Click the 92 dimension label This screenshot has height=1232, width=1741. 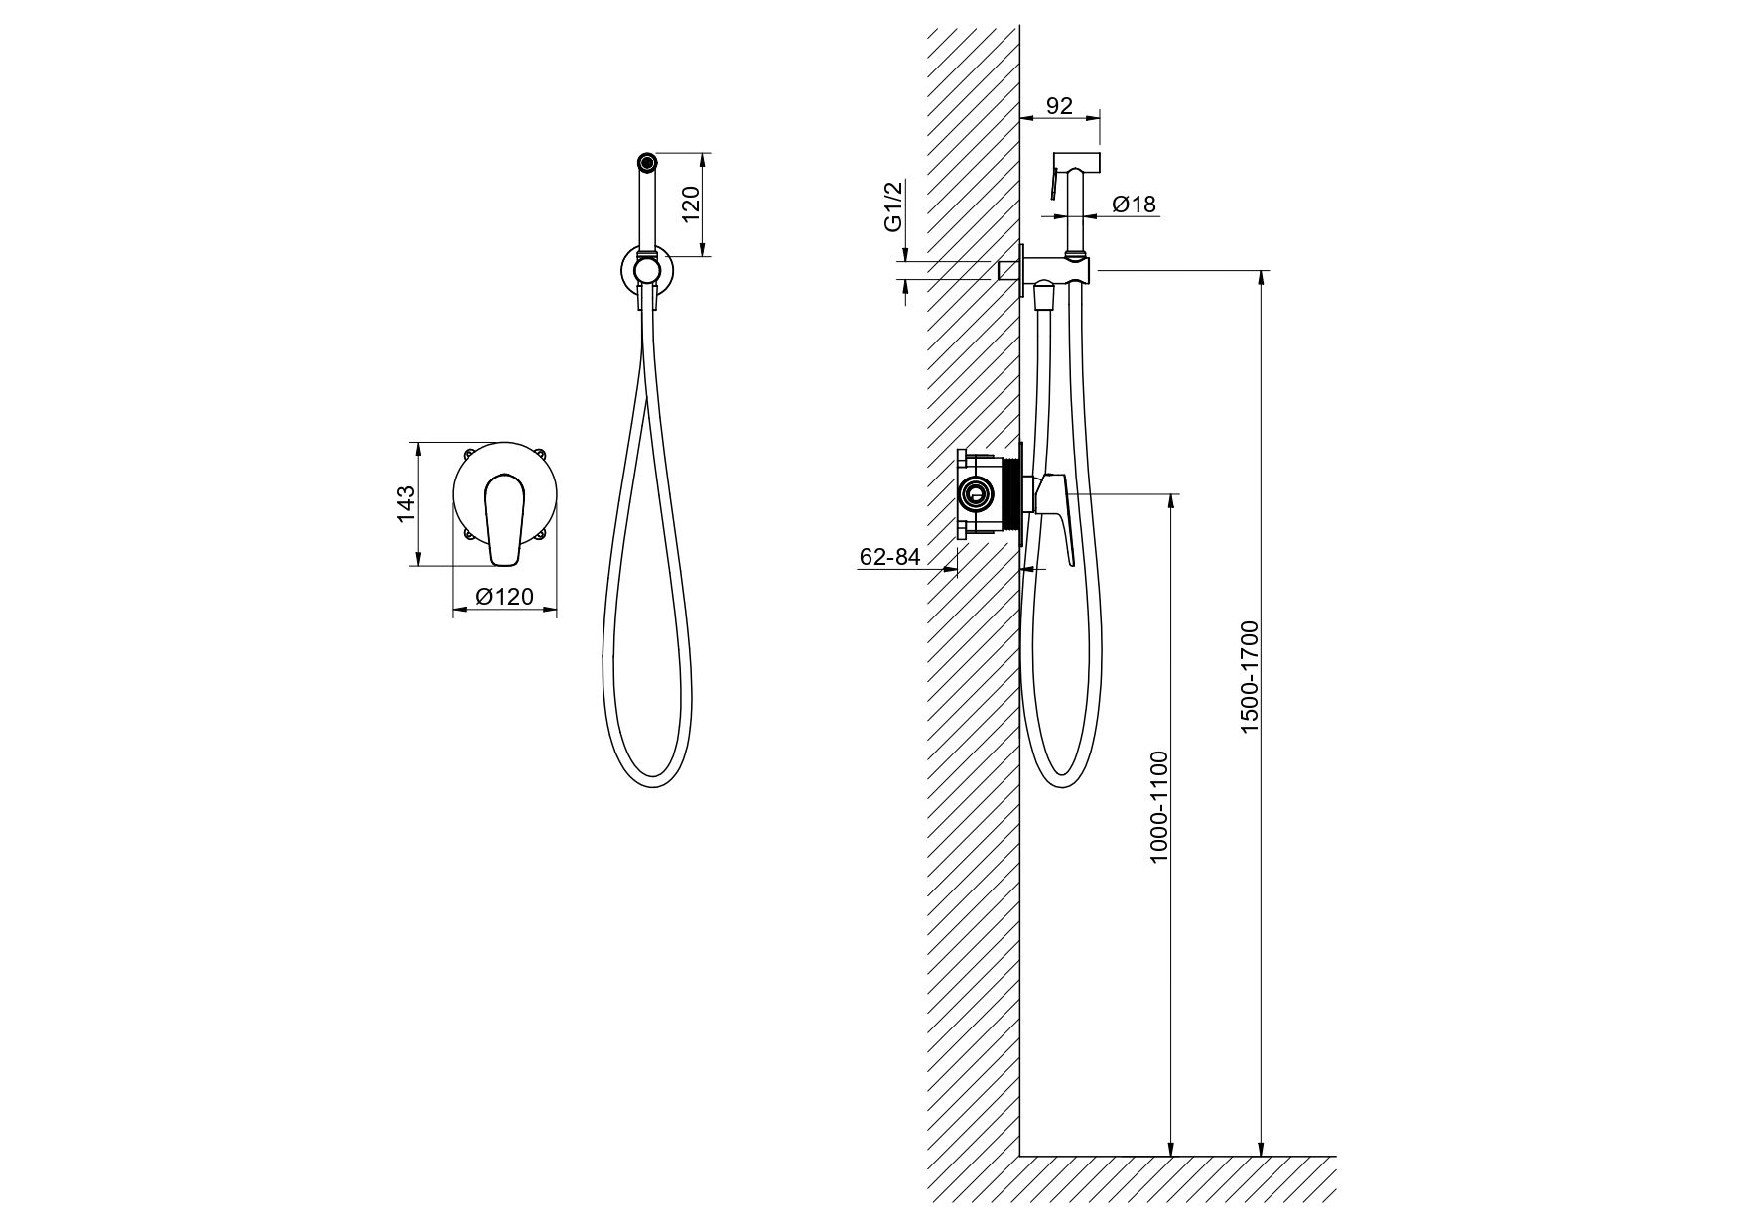[1060, 105]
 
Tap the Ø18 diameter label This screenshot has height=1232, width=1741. [1135, 205]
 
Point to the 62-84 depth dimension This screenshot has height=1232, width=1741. [889, 558]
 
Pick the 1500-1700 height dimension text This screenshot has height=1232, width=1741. [1250, 677]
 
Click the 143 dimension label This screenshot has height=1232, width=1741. [406, 503]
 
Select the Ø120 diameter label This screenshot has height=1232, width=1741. [504, 597]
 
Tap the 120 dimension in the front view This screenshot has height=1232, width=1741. [693, 204]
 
